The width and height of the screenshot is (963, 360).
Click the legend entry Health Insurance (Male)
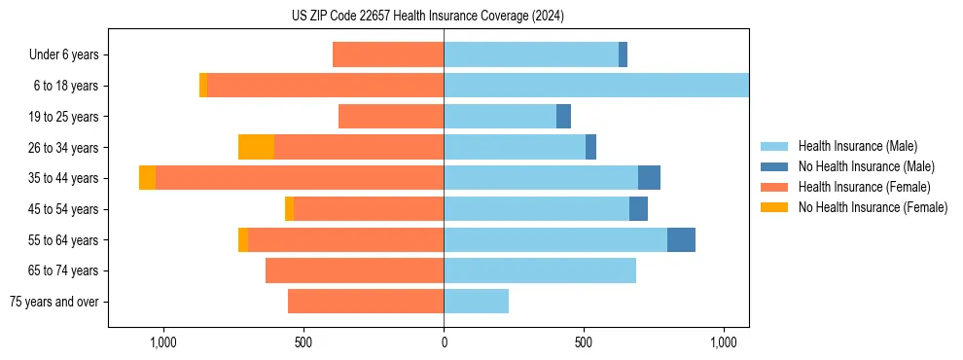(x=857, y=146)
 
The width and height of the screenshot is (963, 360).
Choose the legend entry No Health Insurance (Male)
(x=866, y=166)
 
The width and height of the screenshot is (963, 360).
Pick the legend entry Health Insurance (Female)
(x=864, y=187)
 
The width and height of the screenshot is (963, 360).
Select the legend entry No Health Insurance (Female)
(x=873, y=207)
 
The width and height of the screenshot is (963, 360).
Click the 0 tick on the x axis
(x=444, y=343)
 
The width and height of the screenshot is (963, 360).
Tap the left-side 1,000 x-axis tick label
(x=162, y=343)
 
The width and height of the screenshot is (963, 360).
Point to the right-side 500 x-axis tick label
(x=583, y=343)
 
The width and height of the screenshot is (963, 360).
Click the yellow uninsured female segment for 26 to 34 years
(x=256, y=147)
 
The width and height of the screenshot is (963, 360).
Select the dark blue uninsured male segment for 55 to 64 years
(x=681, y=239)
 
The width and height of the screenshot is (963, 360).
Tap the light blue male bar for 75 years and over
(x=476, y=302)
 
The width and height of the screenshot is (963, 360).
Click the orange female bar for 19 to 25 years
(x=391, y=117)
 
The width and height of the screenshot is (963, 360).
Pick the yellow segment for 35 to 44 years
(x=147, y=178)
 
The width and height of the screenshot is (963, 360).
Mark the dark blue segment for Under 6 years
(x=623, y=54)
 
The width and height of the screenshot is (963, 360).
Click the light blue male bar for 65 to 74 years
(x=540, y=270)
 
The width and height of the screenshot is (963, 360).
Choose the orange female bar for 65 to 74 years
(x=354, y=270)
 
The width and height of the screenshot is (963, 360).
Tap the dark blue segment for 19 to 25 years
(x=563, y=117)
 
